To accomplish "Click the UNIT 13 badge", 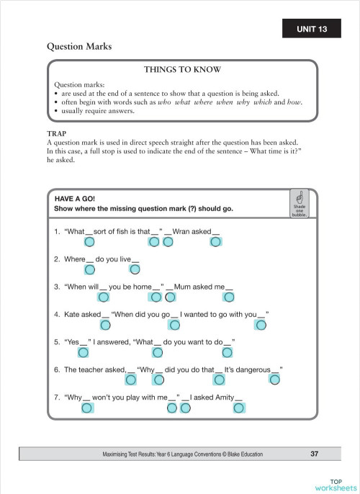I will pos(312,30).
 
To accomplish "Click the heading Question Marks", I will pos(79,47).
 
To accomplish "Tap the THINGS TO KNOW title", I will pos(182,70).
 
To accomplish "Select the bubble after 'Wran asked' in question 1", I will pos(215,242).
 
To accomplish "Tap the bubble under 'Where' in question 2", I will pos(90,269).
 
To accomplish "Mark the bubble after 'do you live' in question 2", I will pos(135,269).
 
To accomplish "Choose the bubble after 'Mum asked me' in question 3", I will pos(229,297).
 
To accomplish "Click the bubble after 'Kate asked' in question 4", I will pos(105,325).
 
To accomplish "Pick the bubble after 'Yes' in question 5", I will pos(84,352).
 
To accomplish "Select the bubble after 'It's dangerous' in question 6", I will pos(274,380).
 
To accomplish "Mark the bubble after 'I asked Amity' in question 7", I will pos(239,408).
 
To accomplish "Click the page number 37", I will pos(314,454).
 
